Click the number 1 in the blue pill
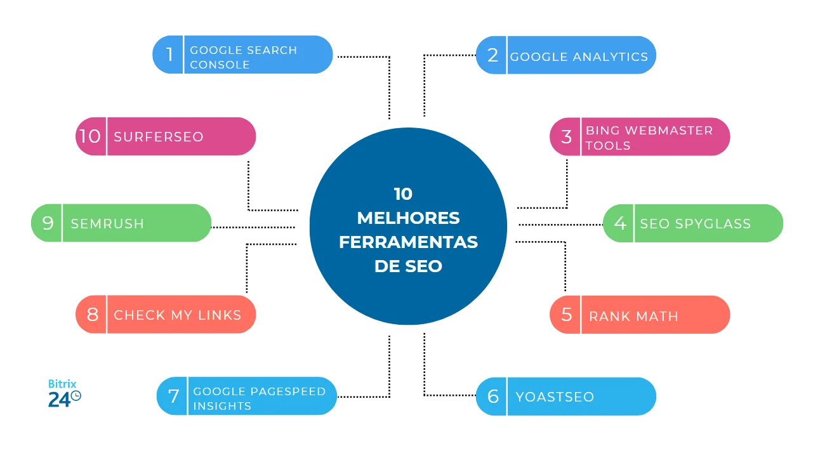(x=169, y=55)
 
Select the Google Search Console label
(x=243, y=57)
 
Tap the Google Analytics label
(x=579, y=56)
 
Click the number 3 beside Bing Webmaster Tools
(x=566, y=136)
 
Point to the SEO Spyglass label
(x=695, y=224)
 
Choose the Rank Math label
(x=633, y=316)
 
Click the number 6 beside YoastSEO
(x=492, y=396)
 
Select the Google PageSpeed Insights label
(x=259, y=398)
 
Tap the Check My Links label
(x=178, y=315)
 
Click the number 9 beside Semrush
(x=48, y=223)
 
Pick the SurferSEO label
(x=159, y=136)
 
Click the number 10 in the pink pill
(x=90, y=136)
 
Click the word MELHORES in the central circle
(x=408, y=218)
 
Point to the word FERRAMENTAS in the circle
(x=408, y=242)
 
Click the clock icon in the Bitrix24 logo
(x=76, y=396)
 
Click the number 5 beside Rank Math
(x=566, y=315)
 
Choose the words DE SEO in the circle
(x=408, y=266)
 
